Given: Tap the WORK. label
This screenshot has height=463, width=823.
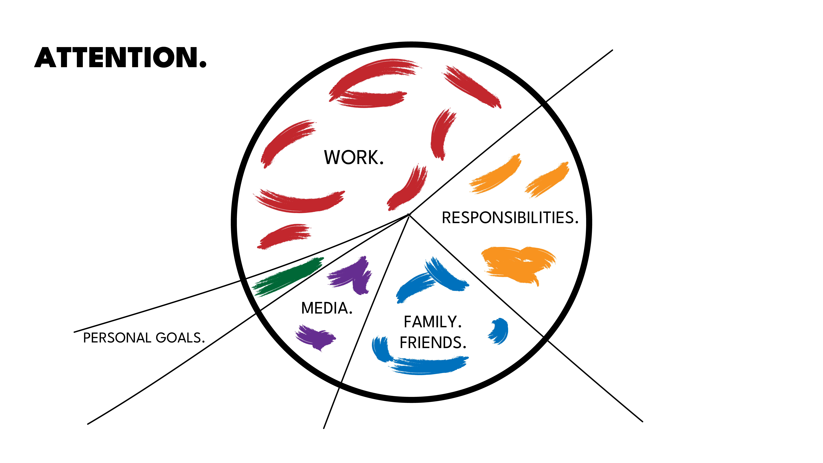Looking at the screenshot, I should pyautogui.click(x=354, y=158).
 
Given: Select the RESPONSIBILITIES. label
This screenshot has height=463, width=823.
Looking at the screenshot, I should pyautogui.click(x=510, y=218).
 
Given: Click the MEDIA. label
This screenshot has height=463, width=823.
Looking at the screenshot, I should pyautogui.click(x=327, y=308).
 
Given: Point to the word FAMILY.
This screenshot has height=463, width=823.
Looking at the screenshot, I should pyautogui.click(x=433, y=322).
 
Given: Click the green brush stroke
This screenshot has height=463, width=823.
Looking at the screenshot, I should pyautogui.click(x=288, y=277).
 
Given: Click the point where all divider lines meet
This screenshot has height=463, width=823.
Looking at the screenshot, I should pyautogui.click(x=409, y=214).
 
